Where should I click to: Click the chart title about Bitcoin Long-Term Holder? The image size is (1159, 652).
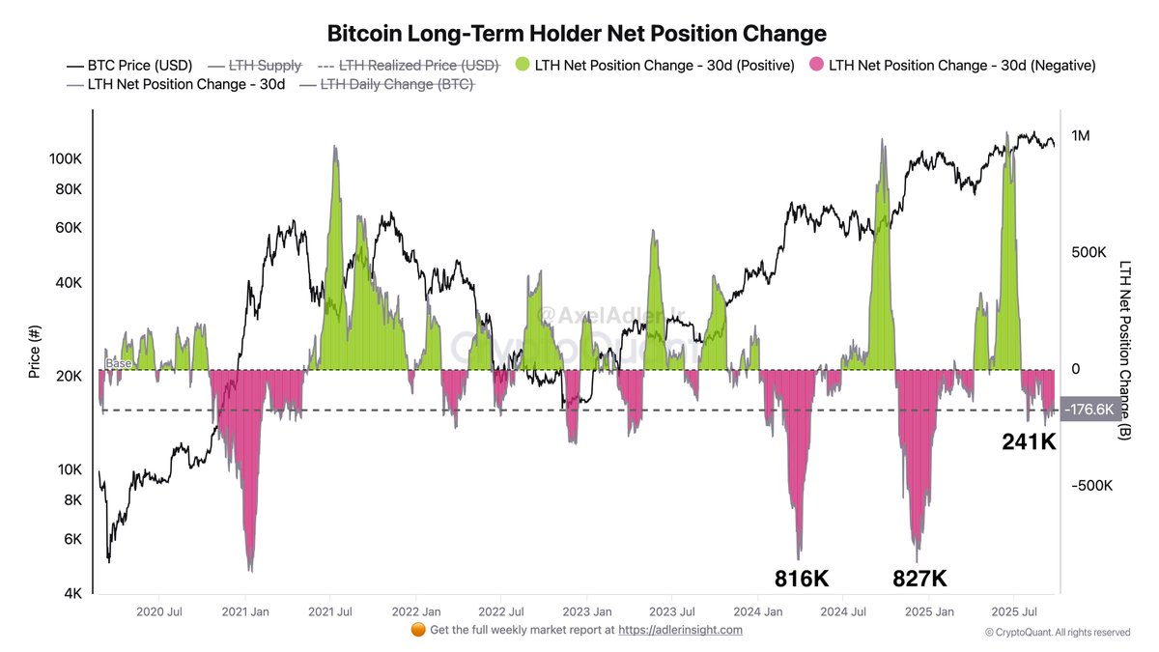[577, 34]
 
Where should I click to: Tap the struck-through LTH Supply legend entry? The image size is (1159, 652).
[265, 66]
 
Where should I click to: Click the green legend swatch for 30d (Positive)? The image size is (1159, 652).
[522, 66]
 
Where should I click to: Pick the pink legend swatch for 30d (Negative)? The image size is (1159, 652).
[815, 66]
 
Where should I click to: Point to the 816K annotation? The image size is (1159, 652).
[802, 579]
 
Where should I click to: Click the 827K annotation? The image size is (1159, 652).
[919, 579]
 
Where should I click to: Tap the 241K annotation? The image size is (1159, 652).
[1029, 442]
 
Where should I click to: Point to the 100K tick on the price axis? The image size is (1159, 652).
[66, 157]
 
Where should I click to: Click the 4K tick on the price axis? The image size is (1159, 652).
[73, 594]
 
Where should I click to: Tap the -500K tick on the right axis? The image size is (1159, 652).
[1091, 486]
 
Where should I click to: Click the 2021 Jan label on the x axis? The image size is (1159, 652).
[245, 611]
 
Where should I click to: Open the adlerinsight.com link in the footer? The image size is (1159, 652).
[680, 630]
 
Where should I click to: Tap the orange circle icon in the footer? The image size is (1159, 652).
[418, 630]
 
